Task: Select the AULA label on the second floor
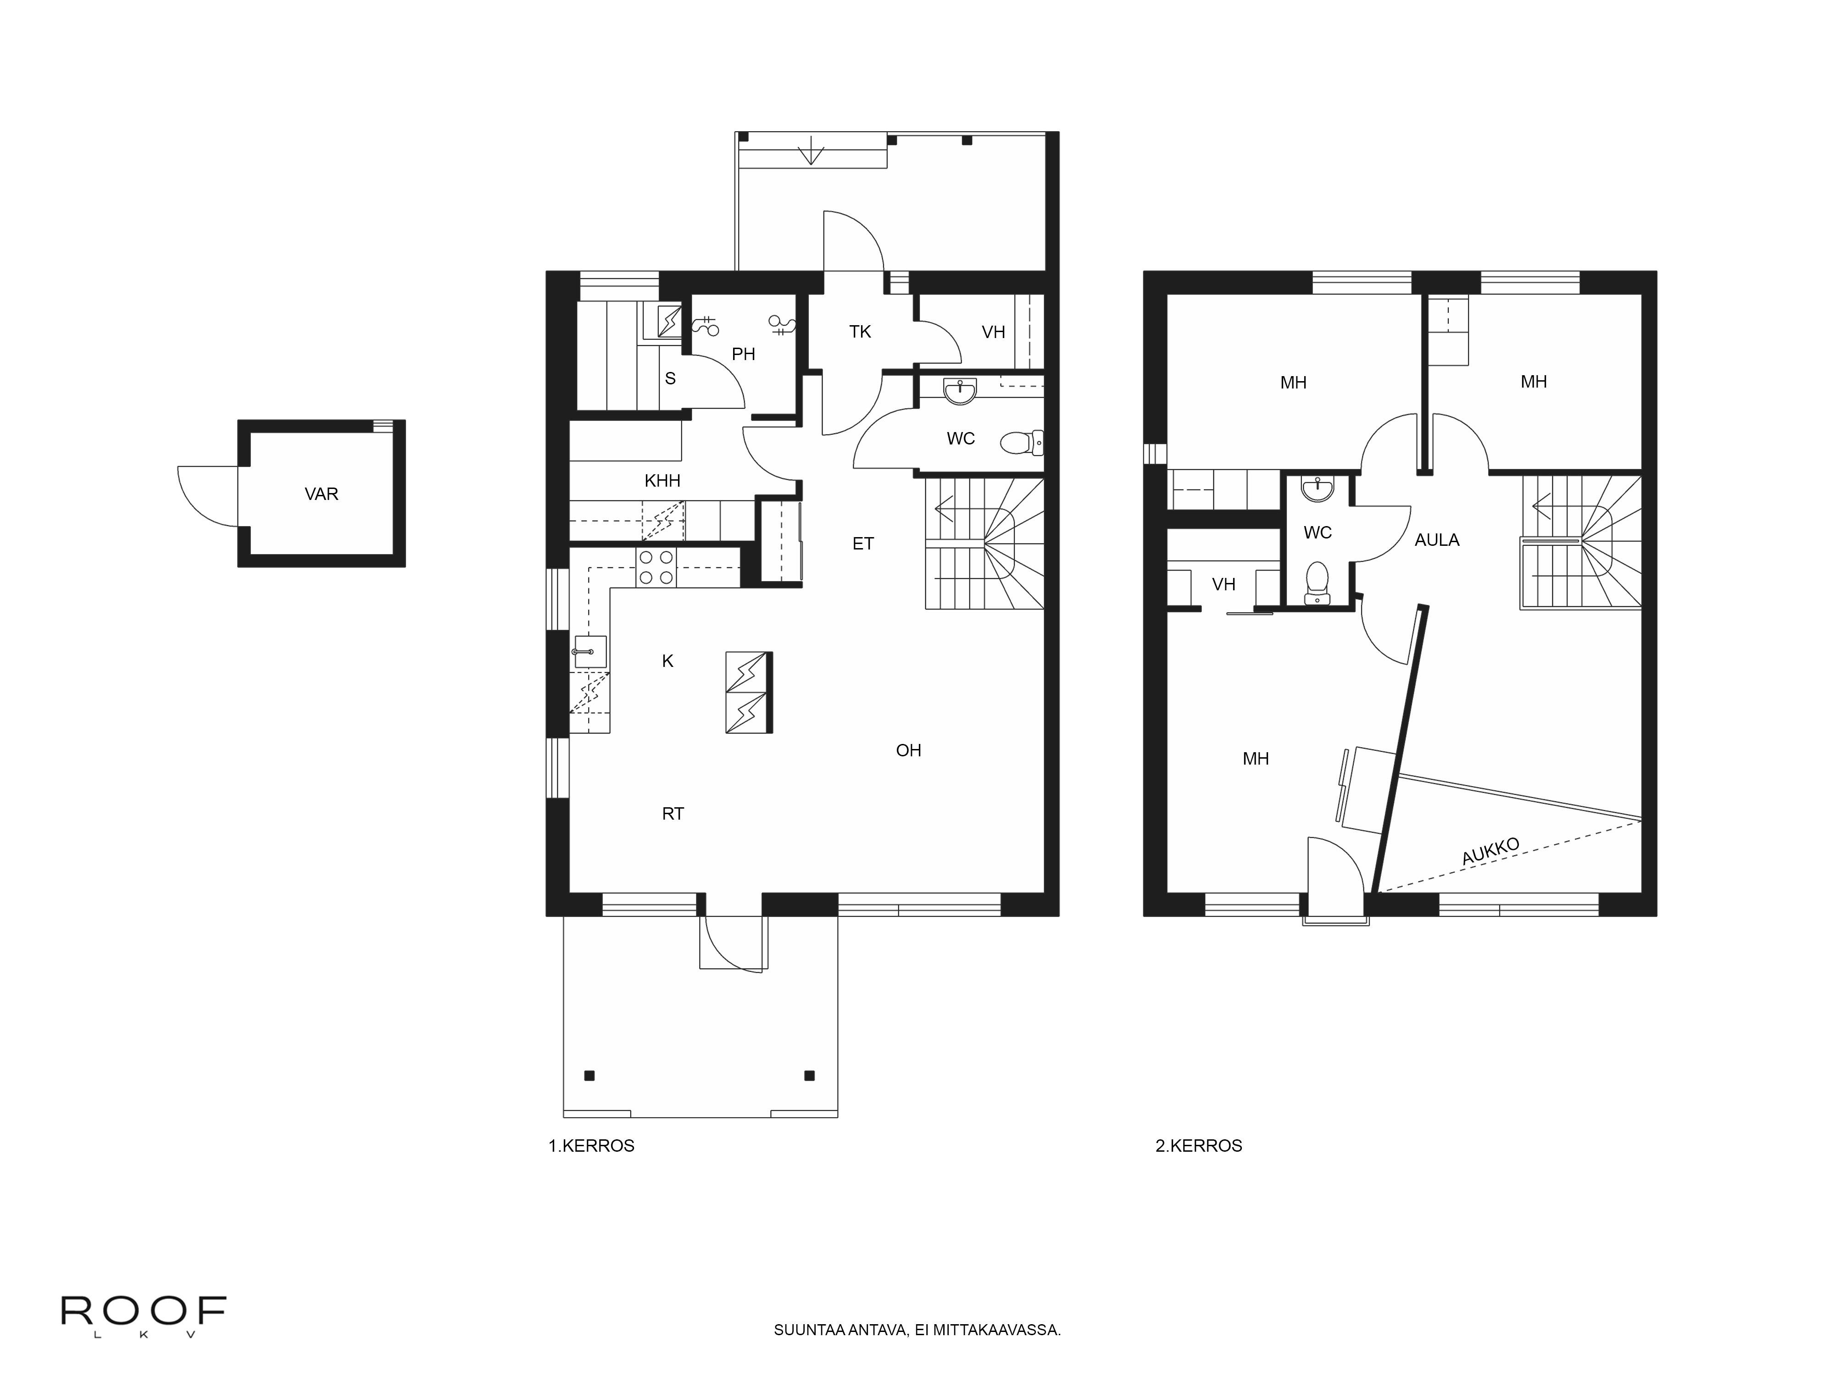click(x=1437, y=540)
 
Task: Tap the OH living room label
click(x=908, y=751)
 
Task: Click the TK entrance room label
click(x=860, y=332)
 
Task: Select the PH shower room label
click(x=743, y=354)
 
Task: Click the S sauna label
click(x=670, y=378)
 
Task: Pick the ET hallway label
click(x=863, y=544)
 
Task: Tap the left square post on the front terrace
click(x=589, y=1076)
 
